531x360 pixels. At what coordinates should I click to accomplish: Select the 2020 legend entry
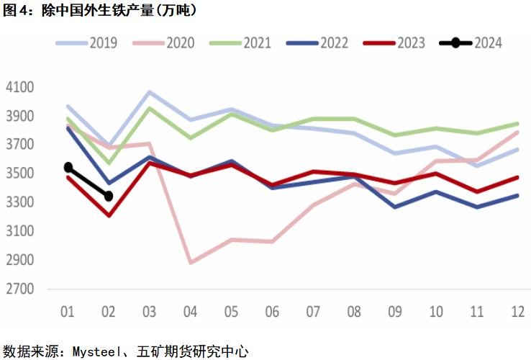click(164, 42)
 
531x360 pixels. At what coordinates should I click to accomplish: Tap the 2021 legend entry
click(240, 42)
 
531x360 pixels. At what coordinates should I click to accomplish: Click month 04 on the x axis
click(190, 312)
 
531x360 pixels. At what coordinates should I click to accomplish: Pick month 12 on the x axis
click(517, 312)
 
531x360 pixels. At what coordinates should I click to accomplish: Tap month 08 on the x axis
click(353, 312)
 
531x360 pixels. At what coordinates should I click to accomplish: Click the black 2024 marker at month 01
click(68, 167)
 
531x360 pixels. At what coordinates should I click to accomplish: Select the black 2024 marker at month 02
click(109, 196)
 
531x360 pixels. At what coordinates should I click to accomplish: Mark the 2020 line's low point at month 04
click(190, 263)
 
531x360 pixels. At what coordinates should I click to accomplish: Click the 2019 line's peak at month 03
click(149, 92)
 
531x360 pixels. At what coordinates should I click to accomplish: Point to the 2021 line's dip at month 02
click(109, 163)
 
